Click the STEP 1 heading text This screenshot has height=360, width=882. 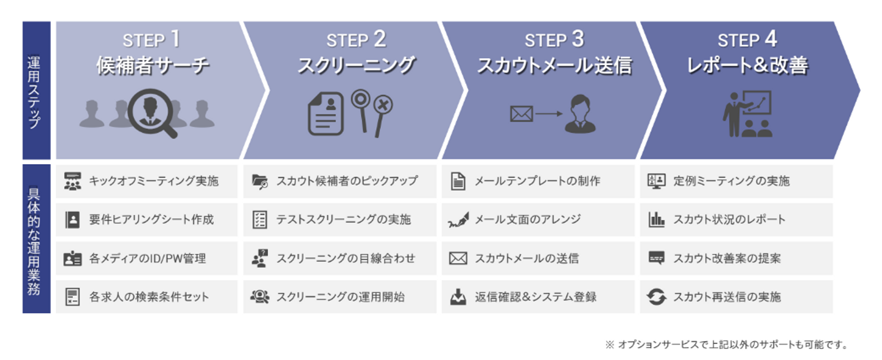152,40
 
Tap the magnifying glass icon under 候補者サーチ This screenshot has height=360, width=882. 151,113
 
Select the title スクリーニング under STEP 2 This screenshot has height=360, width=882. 356,66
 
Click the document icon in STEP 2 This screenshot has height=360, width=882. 325,114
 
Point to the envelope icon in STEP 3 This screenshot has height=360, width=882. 521,114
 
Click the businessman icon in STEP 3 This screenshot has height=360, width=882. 579,113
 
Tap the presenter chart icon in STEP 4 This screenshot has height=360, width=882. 747,114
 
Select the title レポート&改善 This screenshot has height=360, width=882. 747,66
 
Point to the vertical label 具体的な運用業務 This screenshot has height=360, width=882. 36,239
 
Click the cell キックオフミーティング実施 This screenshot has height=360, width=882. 146,181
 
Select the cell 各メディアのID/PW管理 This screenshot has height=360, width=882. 146,258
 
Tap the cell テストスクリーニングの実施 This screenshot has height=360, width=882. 339,220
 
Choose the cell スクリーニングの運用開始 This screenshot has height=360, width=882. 339,297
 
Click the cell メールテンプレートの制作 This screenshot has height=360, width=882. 538,181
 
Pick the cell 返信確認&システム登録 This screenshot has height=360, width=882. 538,297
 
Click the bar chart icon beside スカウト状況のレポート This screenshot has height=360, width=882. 656,220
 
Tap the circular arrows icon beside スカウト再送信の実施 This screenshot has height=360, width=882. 656,298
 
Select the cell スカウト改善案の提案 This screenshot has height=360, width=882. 736,258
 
